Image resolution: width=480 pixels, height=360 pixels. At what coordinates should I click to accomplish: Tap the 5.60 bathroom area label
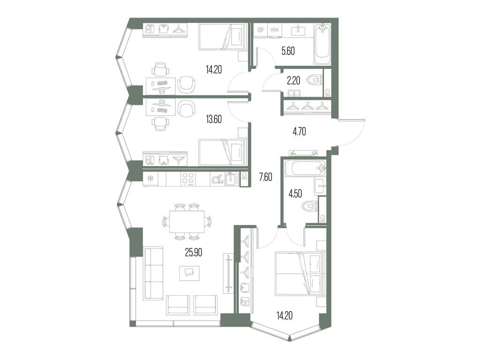coord(288,50)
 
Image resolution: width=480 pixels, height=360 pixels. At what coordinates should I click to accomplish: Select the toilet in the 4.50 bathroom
coord(309,205)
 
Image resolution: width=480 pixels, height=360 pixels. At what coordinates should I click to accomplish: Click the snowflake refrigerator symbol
coord(150,179)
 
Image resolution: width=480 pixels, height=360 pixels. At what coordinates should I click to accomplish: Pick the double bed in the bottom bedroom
coord(300,274)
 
